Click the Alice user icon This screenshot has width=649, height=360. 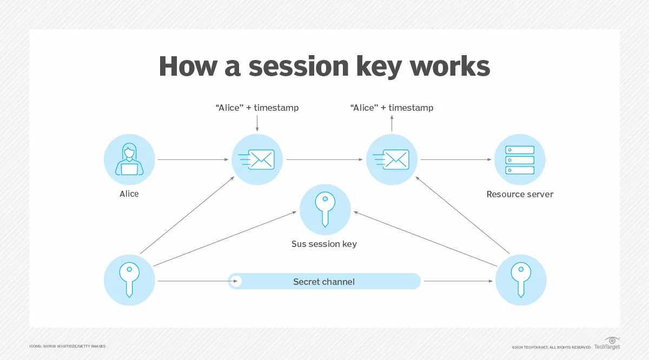click(129, 160)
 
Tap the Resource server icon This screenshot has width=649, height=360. click(520, 160)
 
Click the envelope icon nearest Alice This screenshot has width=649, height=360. click(257, 160)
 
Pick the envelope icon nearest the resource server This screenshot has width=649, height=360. click(392, 160)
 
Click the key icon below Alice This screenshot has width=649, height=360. click(129, 280)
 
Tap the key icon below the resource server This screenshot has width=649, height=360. click(521, 280)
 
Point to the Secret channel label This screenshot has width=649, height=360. click(324, 282)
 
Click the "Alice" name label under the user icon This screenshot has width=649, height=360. click(129, 194)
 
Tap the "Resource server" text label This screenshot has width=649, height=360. click(520, 194)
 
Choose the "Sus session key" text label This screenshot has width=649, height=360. click(324, 244)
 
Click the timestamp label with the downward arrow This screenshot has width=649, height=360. click(257, 108)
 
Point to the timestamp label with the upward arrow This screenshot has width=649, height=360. click(392, 108)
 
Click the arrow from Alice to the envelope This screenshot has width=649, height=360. click(193, 160)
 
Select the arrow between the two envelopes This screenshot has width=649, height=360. click(325, 160)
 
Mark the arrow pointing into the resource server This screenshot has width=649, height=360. click(457, 160)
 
